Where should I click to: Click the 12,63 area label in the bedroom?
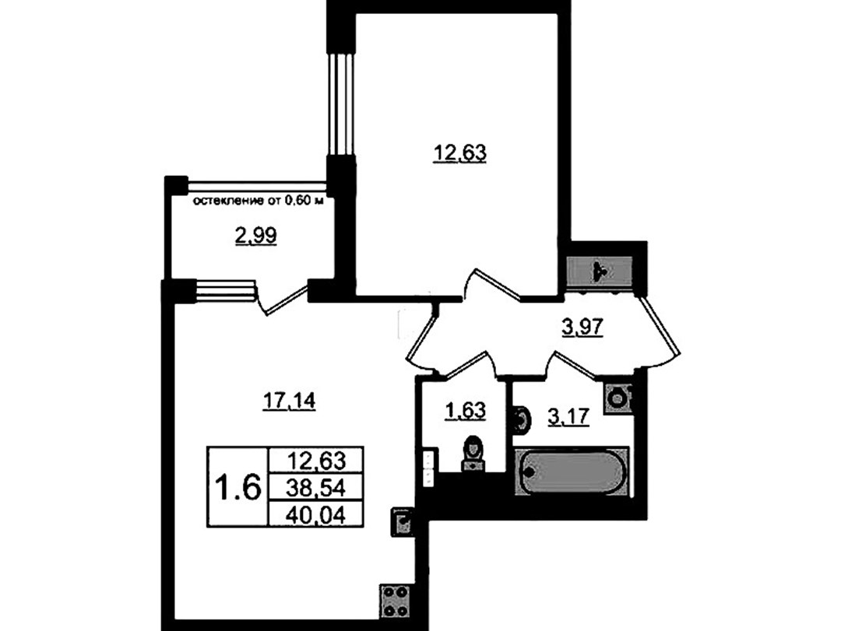[x=459, y=154]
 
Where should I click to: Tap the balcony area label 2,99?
[x=256, y=235]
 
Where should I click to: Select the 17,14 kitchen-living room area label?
[x=289, y=401]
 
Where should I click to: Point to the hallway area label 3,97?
[x=583, y=327]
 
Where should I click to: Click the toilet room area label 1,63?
[x=465, y=411]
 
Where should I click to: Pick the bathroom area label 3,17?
[x=568, y=416]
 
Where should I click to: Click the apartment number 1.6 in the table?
[x=238, y=487]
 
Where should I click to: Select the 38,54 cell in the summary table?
[x=316, y=487]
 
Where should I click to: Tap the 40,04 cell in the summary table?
[x=316, y=514]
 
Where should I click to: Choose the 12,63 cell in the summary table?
[x=316, y=460]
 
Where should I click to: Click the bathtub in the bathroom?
[x=572, y=471]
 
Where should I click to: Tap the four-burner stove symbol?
[x=396, y=601]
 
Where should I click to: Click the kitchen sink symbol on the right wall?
[x=403, y=521]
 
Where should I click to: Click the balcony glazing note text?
[x=259, y=202]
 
